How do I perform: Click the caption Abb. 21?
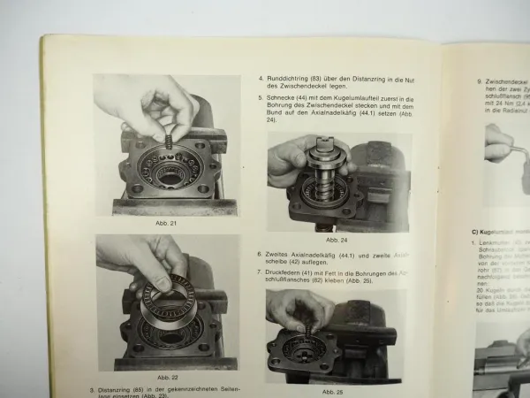(167, 223)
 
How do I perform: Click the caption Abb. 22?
(167, 376)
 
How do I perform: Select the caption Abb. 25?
(334, 391)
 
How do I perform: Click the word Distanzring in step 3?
(120, 389)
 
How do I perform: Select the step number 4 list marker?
(261, 77)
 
